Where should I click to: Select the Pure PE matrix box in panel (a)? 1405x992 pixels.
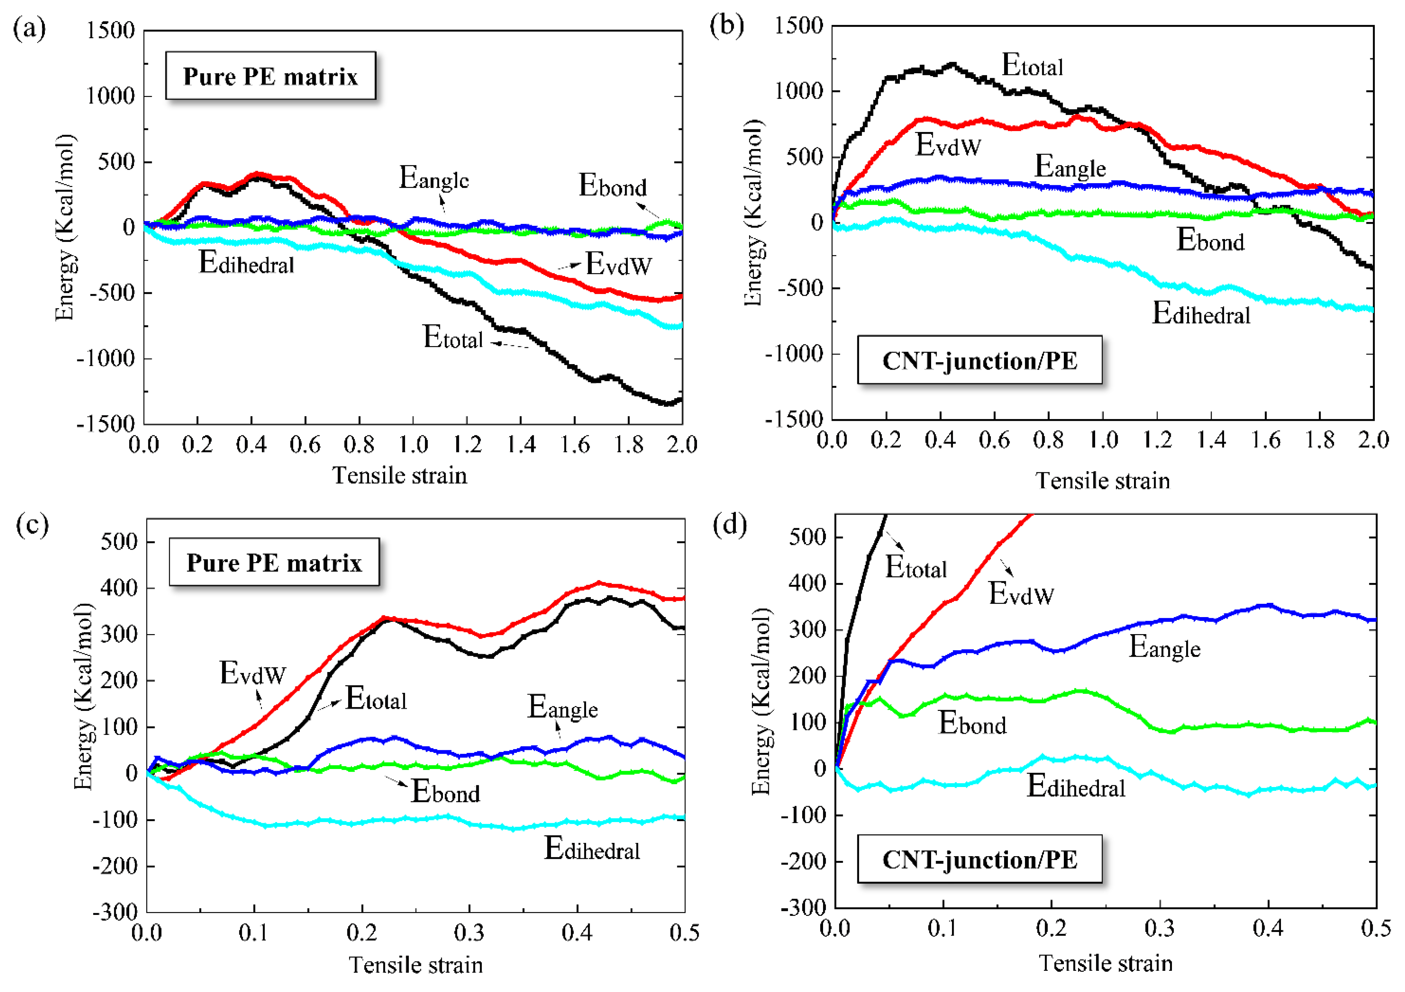pos(271,76)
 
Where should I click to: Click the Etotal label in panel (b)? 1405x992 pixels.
pos(1032,65)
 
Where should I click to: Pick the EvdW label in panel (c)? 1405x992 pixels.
pos(253,673)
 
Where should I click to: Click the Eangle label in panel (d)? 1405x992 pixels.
pos(1164,647)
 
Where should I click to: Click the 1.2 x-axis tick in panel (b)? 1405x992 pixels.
pos(1157,440)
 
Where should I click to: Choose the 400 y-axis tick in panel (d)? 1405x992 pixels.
pos(808,583)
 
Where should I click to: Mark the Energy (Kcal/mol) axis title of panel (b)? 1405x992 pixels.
pos(754,212)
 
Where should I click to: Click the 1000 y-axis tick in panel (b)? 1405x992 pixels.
pos(799,91)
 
